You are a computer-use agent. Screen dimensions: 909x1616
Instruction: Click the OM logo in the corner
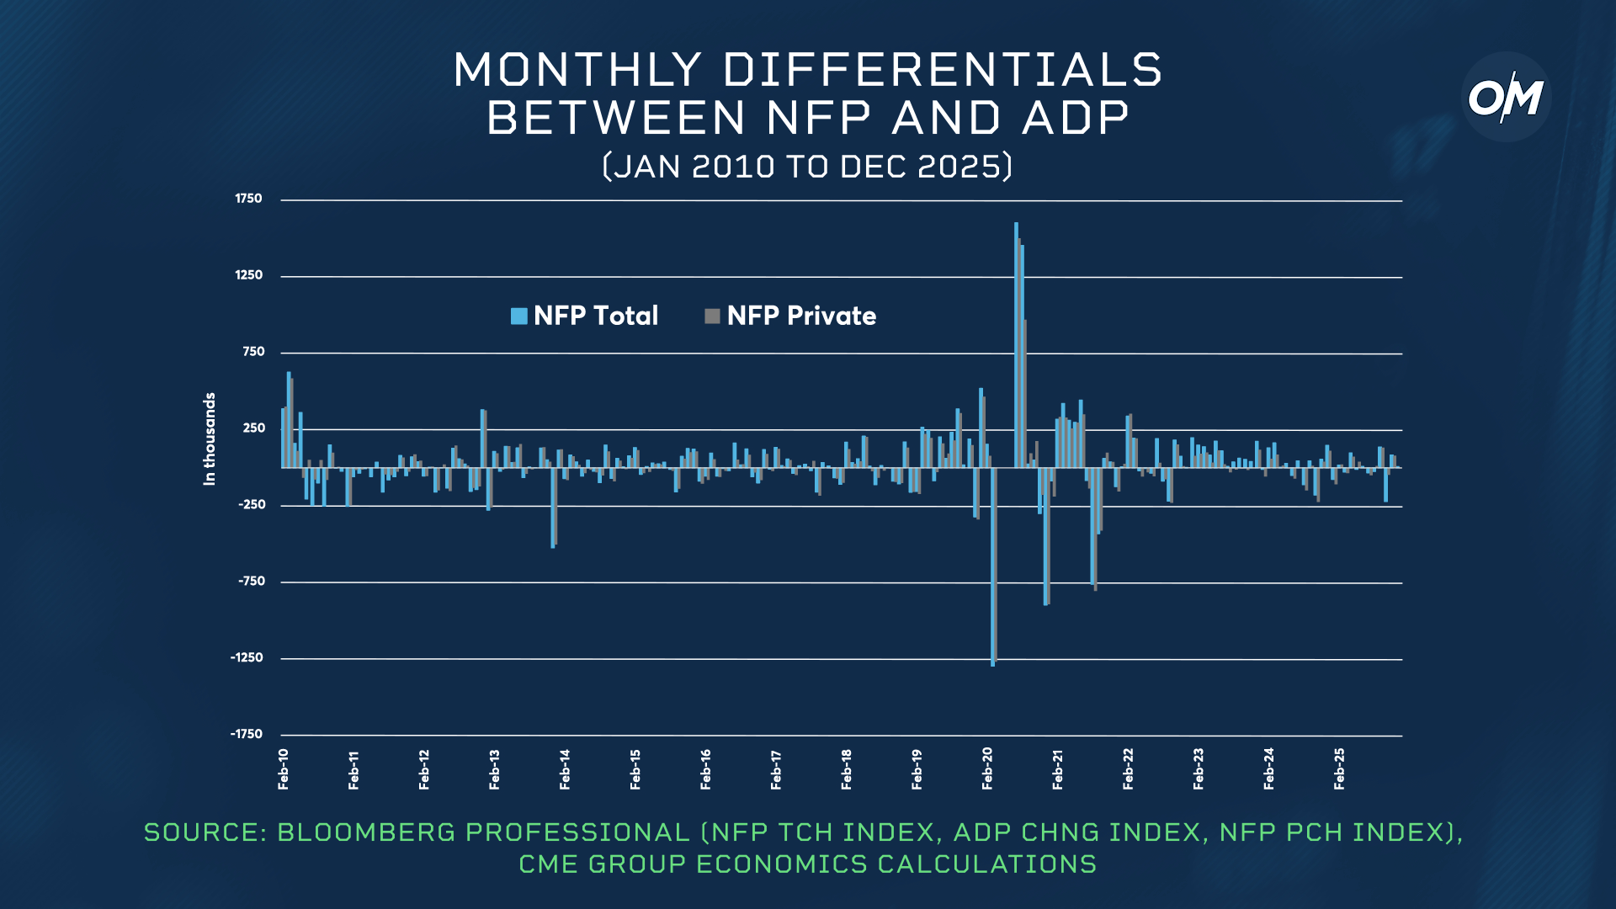coord(1506,98)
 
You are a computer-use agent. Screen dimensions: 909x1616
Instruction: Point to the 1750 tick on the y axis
coord(248,199)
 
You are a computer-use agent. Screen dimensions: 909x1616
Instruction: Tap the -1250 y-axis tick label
coord(247,657)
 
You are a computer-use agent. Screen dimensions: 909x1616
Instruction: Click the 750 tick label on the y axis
coord(253,352)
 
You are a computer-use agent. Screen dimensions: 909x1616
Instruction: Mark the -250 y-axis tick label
coord(252,504)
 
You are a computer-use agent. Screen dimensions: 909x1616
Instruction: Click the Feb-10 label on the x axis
coord(284,768)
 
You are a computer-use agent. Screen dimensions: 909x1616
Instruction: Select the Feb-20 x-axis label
coord(987,768)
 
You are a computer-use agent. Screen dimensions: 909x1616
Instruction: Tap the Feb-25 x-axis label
coord(1339,768)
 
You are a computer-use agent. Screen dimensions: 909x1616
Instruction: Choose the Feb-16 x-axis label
coord(705,768)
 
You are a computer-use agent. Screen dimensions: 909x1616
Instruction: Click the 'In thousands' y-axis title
coord(210,439)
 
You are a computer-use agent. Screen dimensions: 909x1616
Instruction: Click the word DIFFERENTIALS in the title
coord(943,70)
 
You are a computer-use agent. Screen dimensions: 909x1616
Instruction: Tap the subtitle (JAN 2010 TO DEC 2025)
coord(808,167)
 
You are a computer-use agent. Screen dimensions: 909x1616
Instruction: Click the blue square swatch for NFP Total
coord(519,316)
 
